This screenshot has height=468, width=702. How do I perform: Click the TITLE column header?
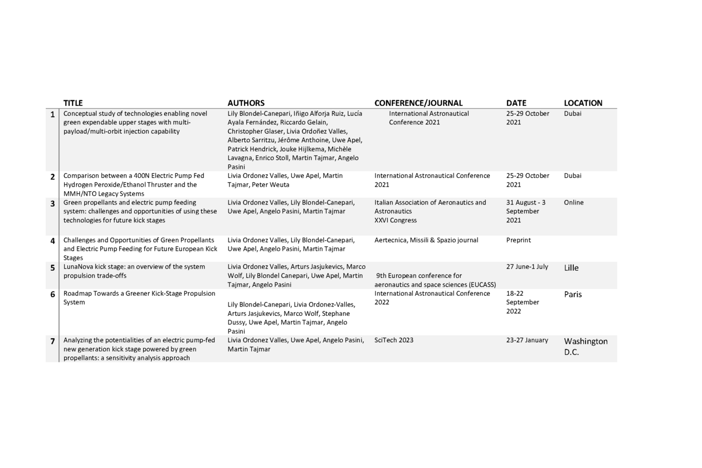point(73,103)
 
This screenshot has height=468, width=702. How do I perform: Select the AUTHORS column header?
point(246,103)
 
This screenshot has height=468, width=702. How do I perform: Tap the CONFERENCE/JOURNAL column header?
point(418,103)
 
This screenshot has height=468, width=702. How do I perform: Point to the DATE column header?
point(516,103)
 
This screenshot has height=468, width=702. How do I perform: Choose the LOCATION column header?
point(583,103)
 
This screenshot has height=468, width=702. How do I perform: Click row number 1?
point(52,115)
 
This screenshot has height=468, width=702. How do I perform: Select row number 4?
point(52,241)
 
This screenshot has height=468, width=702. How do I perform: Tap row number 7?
point(52,341)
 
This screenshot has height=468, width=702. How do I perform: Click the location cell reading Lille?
point(571,268)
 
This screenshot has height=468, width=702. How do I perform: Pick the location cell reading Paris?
point(573,295)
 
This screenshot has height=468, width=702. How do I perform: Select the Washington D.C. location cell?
point(586,347)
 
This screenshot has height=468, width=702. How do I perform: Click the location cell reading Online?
point(574,203)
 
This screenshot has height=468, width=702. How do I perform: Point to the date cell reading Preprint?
point(518,241)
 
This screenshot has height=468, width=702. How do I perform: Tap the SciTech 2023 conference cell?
point(394,340)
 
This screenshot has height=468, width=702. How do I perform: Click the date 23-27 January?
point(527,340)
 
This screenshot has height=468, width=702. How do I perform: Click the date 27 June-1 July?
point(527,267)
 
